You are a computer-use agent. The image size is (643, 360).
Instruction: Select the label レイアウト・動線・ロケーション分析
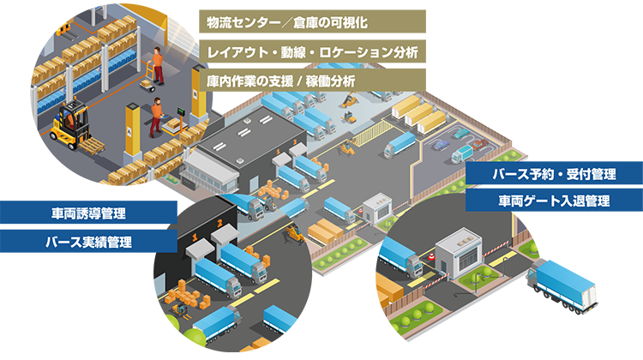[x=312, y=51]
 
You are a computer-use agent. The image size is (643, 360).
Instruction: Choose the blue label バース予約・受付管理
[x=554, y=175]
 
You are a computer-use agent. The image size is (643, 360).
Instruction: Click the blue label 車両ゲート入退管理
[x=554, y=201]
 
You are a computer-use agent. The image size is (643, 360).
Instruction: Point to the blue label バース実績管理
[x=88, y=242]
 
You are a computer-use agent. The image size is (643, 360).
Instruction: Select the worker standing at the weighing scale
[x=155, y=117]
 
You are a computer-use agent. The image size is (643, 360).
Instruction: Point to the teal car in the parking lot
[x=439, y=145]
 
